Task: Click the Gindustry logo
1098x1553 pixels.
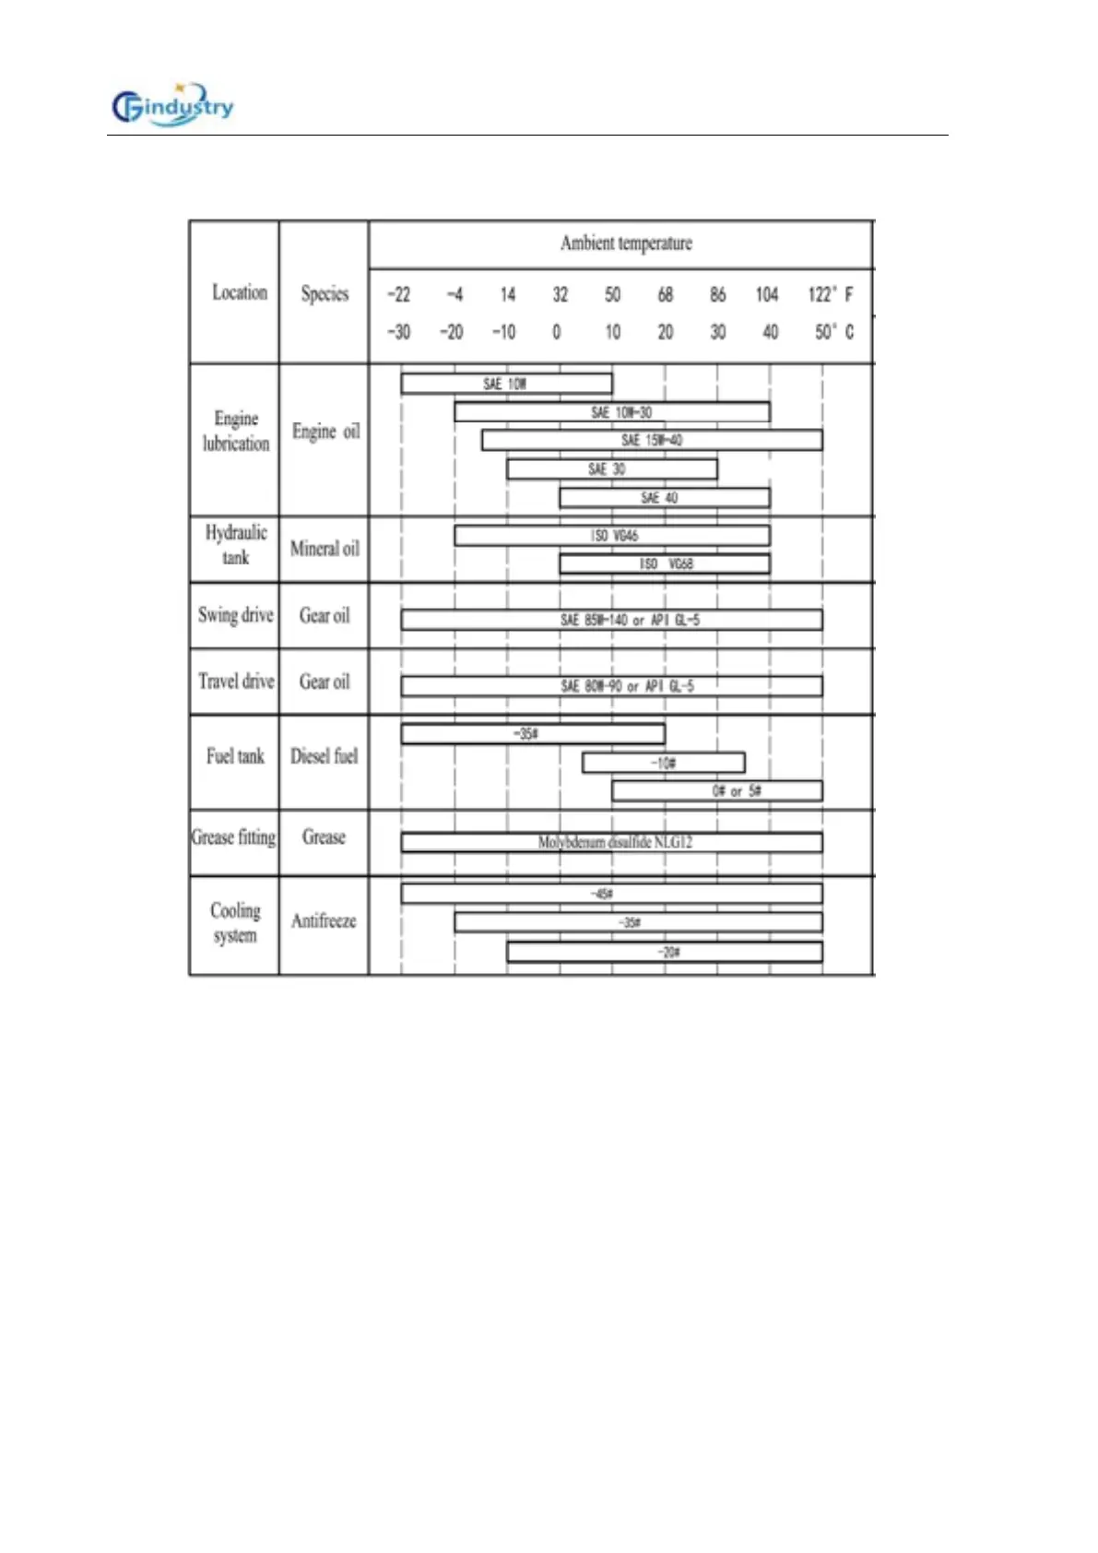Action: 172,108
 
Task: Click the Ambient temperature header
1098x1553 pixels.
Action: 626,243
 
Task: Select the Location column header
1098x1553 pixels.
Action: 239,292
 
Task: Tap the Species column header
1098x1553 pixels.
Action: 325,294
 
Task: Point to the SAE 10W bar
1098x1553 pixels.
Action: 506,384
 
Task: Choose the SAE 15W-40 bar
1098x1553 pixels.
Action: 652,441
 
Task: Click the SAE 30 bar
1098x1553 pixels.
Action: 611,469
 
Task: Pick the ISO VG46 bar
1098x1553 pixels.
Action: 612,536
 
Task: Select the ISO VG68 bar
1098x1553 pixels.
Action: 665,563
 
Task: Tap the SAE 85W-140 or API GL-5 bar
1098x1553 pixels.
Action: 611,620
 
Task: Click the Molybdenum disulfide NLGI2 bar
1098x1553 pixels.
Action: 611,842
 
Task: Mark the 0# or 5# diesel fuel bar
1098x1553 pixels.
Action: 717,791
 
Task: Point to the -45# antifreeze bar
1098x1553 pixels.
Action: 611,894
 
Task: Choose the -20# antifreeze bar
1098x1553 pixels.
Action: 665,952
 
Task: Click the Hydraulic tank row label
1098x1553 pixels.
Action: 235,545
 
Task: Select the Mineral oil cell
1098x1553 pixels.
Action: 325,549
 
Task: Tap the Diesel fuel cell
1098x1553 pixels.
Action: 324,756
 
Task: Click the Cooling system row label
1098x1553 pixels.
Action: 235,923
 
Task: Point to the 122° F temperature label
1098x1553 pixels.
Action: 830,294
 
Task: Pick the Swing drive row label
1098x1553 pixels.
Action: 235,615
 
